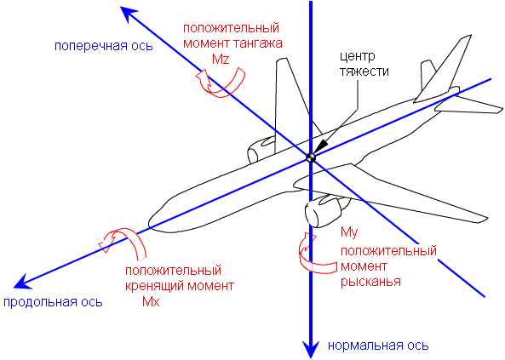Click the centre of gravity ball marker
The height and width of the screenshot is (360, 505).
(x=311, y=157)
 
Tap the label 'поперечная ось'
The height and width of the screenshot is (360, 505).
(x=103, y=46)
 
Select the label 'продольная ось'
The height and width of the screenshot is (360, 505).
(x=53, y=302)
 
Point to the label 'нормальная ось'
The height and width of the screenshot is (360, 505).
(x=378, y=346)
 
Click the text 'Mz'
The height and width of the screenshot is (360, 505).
(x=221, y=59)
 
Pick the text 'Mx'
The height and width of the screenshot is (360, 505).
(x=151, y=301)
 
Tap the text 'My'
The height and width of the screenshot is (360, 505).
(x=349, y=232)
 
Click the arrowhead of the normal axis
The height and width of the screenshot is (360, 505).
(x=311, y=350)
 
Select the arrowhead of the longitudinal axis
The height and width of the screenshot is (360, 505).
(x=22, y=282)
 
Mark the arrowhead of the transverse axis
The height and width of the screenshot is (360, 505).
(x=129, y=14)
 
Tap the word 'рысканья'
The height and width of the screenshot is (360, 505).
(x=370, y=282)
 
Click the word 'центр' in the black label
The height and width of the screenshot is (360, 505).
(x=358, y=57)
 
